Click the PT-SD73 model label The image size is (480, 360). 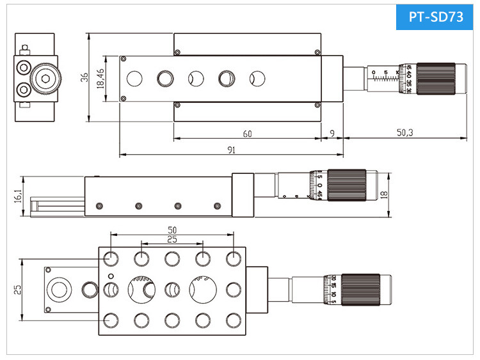tap(433, 17)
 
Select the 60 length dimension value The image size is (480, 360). tap(246, 134)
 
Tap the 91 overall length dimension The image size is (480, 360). tap(231, 150)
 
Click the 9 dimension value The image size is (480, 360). tap(331, 134)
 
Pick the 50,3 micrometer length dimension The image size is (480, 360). tap(404, 133)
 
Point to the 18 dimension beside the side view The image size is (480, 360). tap(383, 195)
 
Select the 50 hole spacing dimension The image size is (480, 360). tap(172, 229)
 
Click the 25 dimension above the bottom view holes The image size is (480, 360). tap(172, 239)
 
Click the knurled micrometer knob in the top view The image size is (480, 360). tap(435, 79)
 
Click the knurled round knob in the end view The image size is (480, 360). tap(45, 79)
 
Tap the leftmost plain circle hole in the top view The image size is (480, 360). tap(134, 79)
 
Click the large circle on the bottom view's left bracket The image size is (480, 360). tap(60, 290)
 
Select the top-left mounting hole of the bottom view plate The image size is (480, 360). tap(110, 258)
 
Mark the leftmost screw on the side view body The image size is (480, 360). tap(99, 206)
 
